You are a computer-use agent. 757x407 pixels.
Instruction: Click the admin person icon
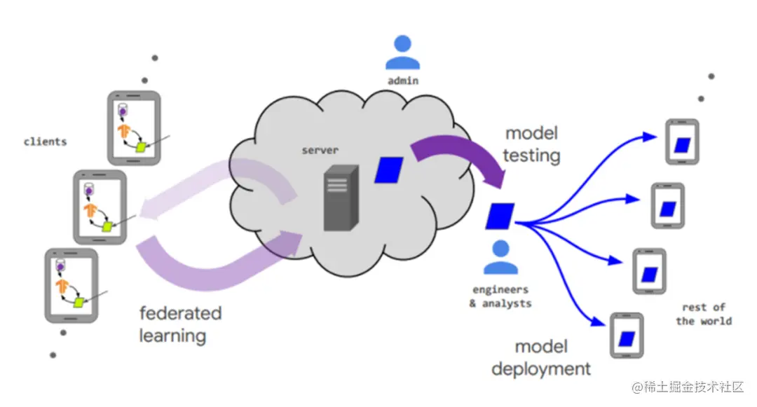click(x=403, y=53)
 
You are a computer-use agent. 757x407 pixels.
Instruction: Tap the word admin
click(x=403, y=81)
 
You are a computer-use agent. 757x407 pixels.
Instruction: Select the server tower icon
click(x=341, y=199)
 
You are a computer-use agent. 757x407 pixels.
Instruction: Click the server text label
click(x=320, y=151)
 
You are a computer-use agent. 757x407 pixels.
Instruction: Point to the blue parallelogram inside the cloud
click(x=389, y=170)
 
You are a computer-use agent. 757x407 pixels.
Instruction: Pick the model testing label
click(x=533, y=144)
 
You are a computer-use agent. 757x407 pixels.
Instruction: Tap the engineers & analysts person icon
click(x=500, y=258)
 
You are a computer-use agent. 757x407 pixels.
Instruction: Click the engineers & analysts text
click(x=500, y=296)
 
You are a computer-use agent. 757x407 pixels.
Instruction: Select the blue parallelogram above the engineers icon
click(x=500, y=216)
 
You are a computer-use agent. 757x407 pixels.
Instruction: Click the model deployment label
click(x=541, y=357)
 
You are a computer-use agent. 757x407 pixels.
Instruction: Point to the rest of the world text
click(x=704, y=314)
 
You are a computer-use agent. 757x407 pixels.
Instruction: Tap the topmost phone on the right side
click(x=682, y=142)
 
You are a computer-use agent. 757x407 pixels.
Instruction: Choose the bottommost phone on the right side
click(x=627, y=336)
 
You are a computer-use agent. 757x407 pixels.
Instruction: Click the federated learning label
click(x=180, y=324)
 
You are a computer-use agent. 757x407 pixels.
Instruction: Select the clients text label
click(x=46, y=142)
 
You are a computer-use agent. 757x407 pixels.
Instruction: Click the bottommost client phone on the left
click(x=71, y=285)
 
